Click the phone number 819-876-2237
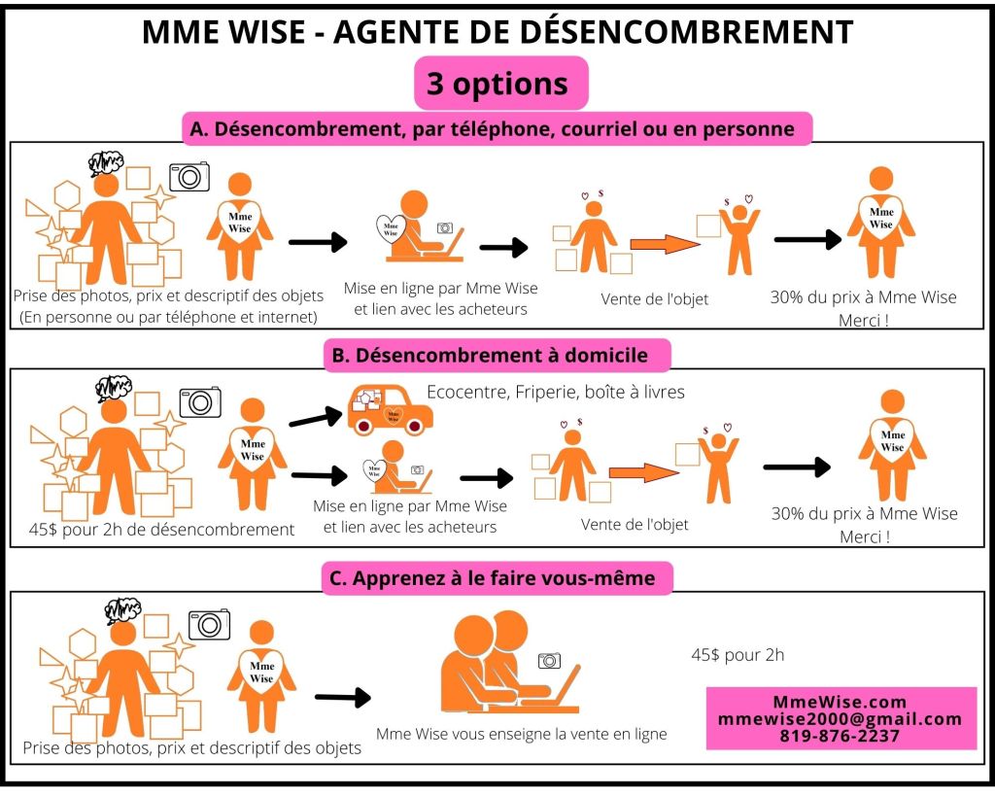tap(841, 736)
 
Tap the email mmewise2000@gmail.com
tap(841, 719)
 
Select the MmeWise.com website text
tap(841, 702)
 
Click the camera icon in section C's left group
tap(209, 624)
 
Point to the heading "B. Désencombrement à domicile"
tap(497, 356)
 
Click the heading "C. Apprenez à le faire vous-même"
tap(497, 578)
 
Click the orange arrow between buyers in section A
tap(665, 244)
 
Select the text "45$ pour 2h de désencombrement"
tap(161, 530)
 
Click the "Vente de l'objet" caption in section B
tap(635, 525)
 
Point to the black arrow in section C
tap(342, 697)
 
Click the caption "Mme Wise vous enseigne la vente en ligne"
tap(521, 734)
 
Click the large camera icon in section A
tap(189, 176)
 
